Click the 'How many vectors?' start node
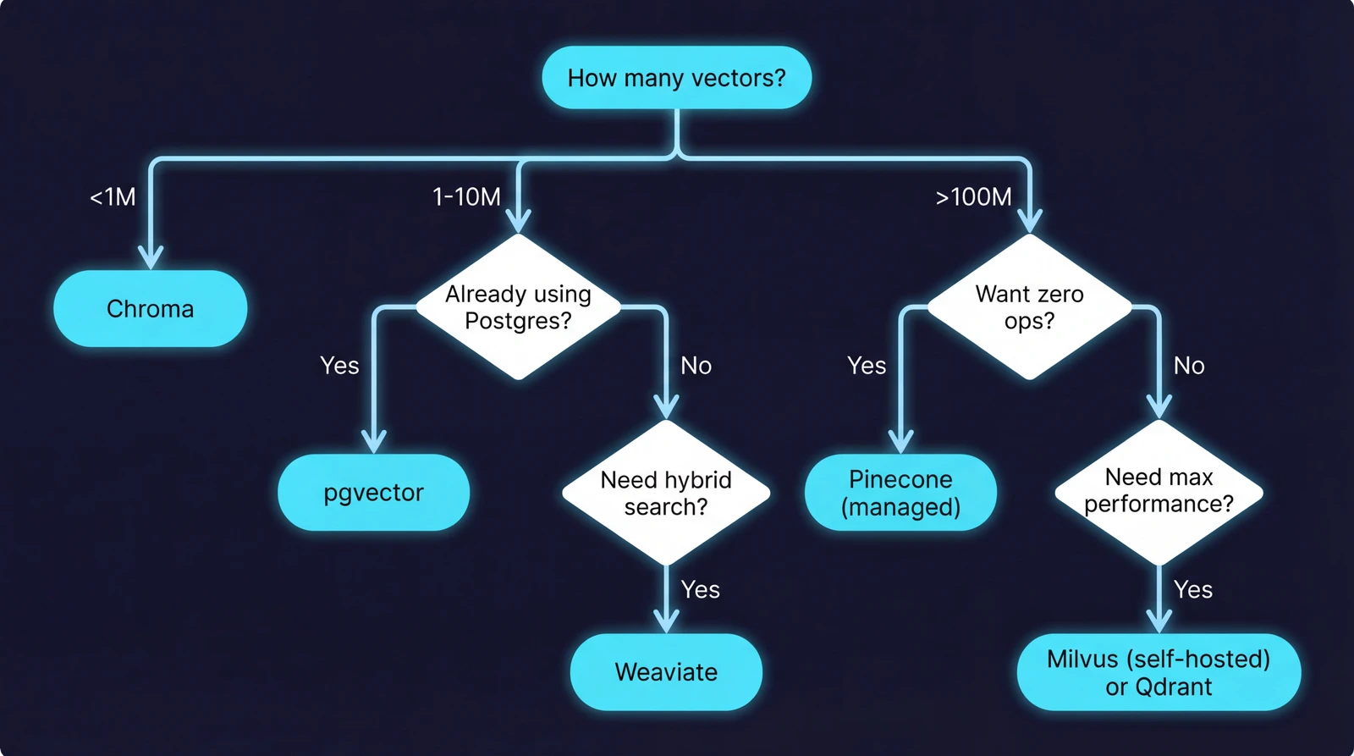(x=676, y=78)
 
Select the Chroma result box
(x=151, y=309)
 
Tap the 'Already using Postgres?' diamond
(x=518, y=306)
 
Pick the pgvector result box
(x=373, y=493)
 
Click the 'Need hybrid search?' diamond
(x=666, y=493)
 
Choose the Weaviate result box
(x=666, y=672)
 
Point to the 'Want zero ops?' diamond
(x=1029, y=306)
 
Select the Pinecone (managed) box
(x=900, y=493)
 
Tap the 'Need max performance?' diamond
(x=1159, y=491)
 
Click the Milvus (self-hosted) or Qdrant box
(x=1159, y=672)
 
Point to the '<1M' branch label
(x=113, y=197)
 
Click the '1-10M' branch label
(x=466, y=197)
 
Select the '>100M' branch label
(x=973, y=197)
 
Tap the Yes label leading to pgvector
(x=339, y=366)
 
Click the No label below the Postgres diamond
(x=696, y=366)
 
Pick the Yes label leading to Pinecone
(x=867, y=366)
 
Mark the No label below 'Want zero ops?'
(x=1189, y=366)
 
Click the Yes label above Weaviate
(x=701, y=590)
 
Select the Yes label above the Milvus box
(x=1193, y=590)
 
